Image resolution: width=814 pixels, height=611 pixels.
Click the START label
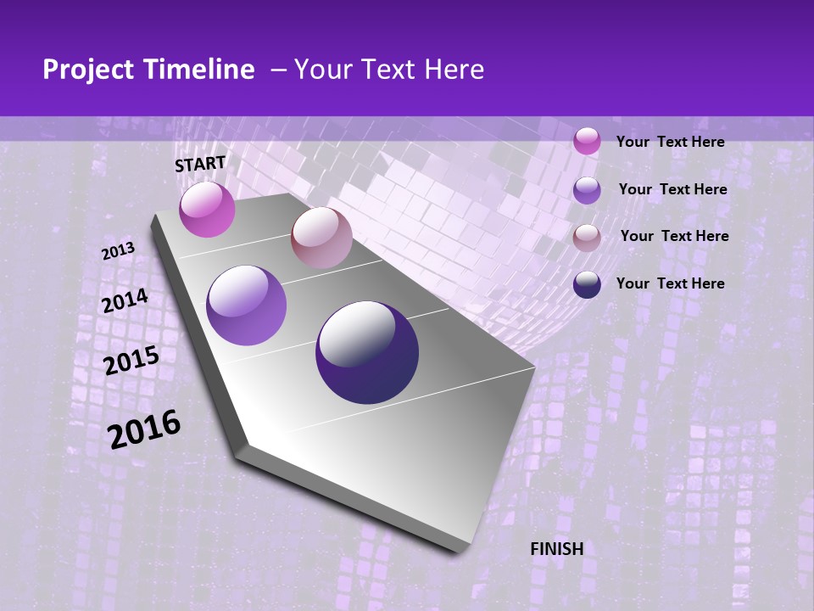[200, 164]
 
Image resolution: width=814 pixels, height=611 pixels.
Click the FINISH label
[556, 549]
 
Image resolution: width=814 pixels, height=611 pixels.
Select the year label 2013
[118, 251]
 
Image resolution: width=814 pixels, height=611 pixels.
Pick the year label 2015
[131, 361]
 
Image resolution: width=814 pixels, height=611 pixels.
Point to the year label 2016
[144, 429]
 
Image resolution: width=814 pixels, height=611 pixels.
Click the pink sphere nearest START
[207, 210]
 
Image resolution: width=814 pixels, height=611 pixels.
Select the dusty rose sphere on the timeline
[321, 238]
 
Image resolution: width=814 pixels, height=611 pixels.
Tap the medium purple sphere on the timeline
[247, 305]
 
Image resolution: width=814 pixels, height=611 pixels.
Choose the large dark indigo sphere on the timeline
[367, 352]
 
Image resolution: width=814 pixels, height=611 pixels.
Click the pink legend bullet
[587, 141]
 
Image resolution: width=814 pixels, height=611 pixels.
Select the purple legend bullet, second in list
[587, 190]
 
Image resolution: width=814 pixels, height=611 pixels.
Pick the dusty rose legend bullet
[587, 237]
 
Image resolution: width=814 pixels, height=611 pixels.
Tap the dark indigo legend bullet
[587, 284]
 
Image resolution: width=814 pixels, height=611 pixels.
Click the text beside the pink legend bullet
[670, 142]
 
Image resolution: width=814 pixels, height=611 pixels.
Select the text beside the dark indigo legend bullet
[670, 283]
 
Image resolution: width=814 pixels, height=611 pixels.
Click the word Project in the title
[89, 70]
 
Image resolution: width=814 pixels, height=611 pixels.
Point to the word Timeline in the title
[203, 70]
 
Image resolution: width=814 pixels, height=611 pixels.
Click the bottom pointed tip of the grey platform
[462, 550]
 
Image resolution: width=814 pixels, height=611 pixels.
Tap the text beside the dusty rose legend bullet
[674, 236]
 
